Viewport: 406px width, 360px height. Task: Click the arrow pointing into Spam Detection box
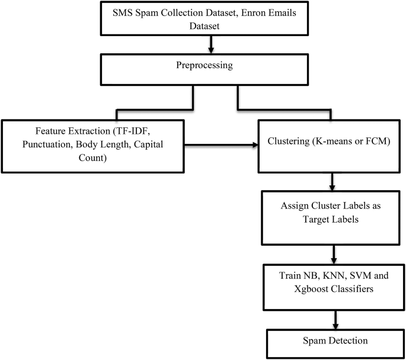click(x=337, y=319)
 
